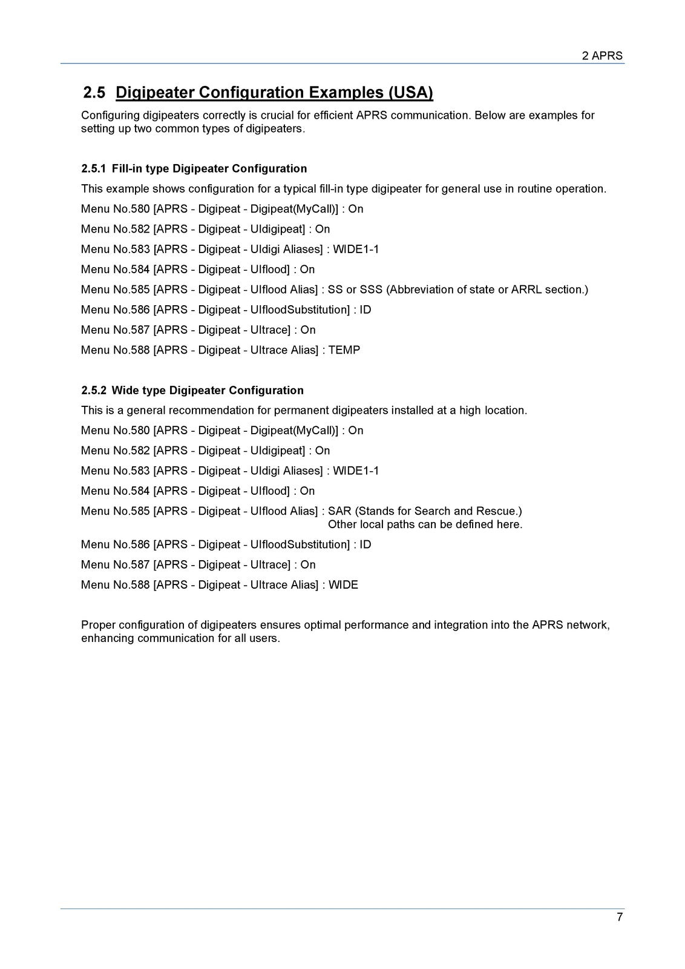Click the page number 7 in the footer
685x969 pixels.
620,917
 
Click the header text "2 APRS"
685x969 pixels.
602,56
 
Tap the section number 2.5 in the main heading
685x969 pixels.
94,93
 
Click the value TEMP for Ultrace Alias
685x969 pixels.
344,350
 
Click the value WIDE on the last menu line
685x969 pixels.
343,585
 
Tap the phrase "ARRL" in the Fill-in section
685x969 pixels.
526,289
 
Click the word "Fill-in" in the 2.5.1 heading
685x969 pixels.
127,168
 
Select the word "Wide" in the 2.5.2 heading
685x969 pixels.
125,390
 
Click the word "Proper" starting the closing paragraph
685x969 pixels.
98,625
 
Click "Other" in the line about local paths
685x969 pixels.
342,524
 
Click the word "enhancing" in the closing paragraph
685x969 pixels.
107,638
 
